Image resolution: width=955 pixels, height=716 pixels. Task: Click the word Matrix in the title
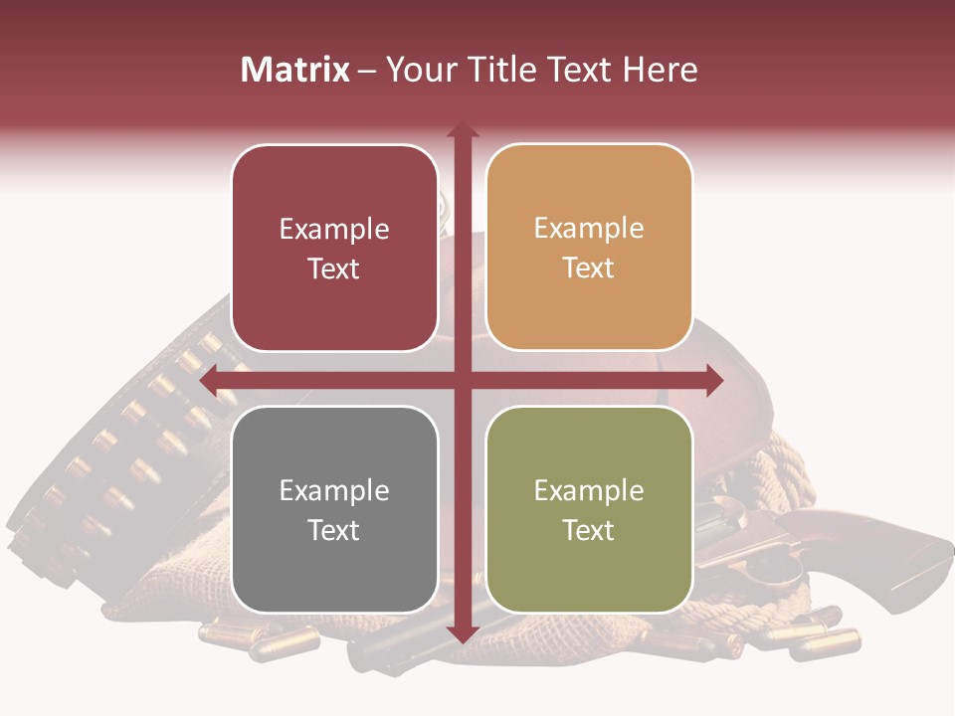(x=295, y=70)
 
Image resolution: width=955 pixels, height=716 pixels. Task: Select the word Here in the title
(x=660, y=70)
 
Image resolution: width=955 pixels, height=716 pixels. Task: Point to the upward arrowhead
(x=462, y=129)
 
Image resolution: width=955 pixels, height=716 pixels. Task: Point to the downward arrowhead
(x=462, y=633)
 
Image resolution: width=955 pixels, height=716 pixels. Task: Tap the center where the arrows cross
(x=462, y=380)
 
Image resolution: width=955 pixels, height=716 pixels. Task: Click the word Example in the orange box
(x=589, y=229)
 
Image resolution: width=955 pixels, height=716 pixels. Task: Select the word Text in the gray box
(x=334, y=530)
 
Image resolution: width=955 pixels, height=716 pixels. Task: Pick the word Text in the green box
(x=589, y=530)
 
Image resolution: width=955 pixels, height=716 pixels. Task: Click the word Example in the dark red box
(x=334, y=230)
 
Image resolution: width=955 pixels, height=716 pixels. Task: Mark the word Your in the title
(x=417, y=70)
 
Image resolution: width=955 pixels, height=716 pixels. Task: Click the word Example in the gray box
(x=334, y=491)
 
